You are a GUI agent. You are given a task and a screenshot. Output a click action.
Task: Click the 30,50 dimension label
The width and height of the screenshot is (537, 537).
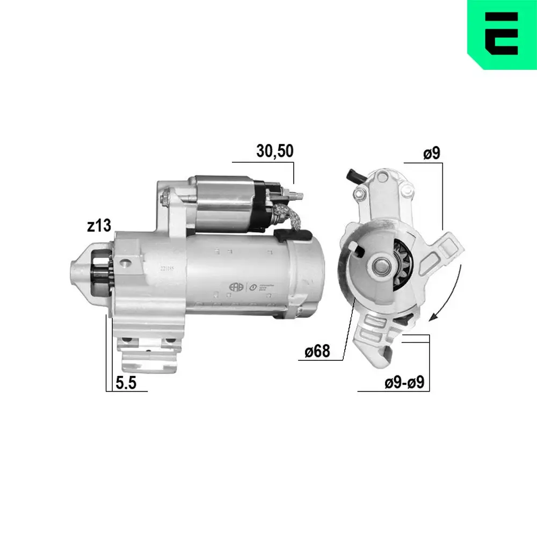coord(274,151)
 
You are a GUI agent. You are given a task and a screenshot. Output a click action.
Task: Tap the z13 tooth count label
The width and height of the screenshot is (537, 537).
coord(99,226)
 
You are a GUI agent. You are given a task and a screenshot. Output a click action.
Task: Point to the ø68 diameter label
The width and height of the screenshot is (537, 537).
coord(317,352)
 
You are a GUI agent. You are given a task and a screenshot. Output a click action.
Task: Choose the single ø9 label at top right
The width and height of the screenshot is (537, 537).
coord(431,154)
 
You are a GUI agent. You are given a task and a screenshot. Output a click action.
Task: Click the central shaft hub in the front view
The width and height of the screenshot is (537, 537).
coord(383,265)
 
